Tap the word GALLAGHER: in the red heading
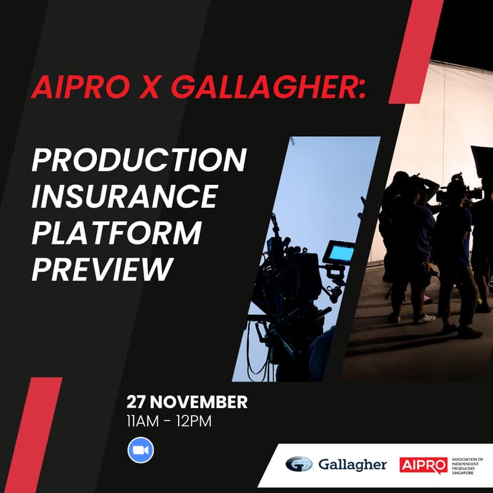click(x=268, y=88)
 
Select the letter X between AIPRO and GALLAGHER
click(x=152, y=88)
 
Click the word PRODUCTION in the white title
click(x=139, y=161)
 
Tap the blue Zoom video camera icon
click(x=141, y=450)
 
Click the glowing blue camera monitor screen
click(x=341, y=253)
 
